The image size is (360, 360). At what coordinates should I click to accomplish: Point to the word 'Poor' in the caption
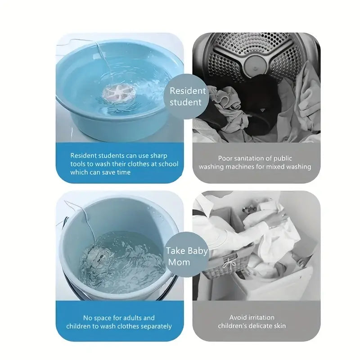[x=226, y=158]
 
